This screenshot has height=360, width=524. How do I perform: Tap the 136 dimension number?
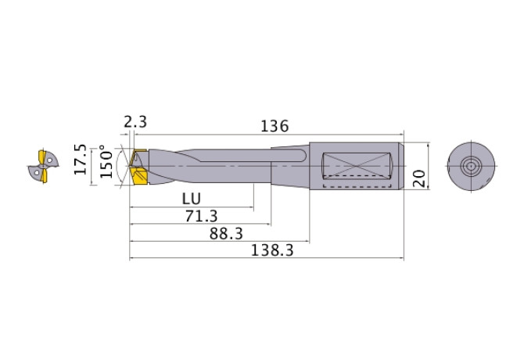pos(274,126)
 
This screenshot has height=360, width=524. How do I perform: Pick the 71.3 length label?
pos(201,216)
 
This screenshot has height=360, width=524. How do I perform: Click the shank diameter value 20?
pos(420,177)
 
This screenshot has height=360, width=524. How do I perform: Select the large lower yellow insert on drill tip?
pos(141,177)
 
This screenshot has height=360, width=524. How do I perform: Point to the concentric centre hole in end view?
pos(471,166)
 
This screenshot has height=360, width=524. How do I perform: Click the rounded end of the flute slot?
pos(302,158)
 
